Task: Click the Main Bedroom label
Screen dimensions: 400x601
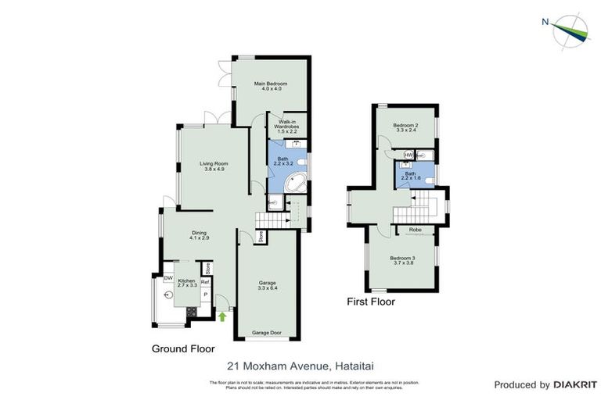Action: pos(272,84)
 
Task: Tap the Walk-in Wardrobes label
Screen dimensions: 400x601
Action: pos(286,126)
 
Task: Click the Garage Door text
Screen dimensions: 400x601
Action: pos(268,333)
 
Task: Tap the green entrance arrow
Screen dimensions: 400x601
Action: pos(222,316)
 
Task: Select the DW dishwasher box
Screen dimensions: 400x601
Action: pos(168,277)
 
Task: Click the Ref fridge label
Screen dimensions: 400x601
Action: pos(205,281)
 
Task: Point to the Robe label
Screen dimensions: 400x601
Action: pos(415,230)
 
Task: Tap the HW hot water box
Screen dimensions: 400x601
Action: pos(408,155)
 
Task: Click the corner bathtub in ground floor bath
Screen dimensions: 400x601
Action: pos(295,185)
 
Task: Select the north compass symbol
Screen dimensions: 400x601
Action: pos(571,28)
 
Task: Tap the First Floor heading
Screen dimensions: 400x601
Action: pos(371,302)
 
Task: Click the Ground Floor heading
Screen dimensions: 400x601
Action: pos(184,348)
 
